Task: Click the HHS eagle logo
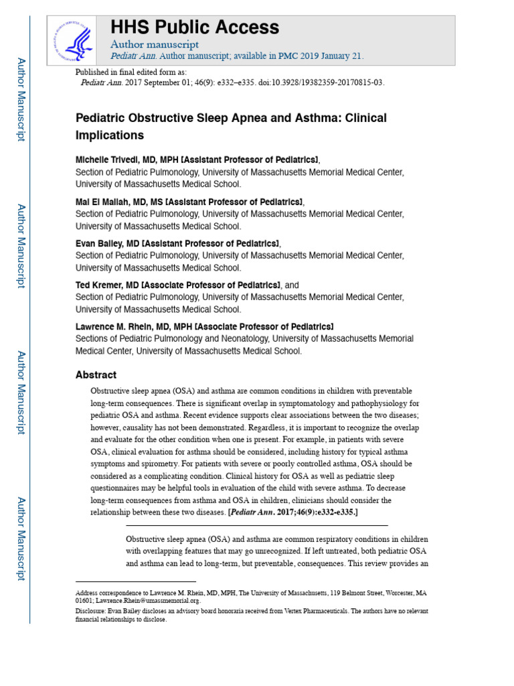pyautogui.click(x=76, y=41)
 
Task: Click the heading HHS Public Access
pyautogui.click(x=194, y=27)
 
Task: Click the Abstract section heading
pyautogui.click(x=96, y=375)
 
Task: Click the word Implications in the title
pyautogui.click(x=110, y=135)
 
